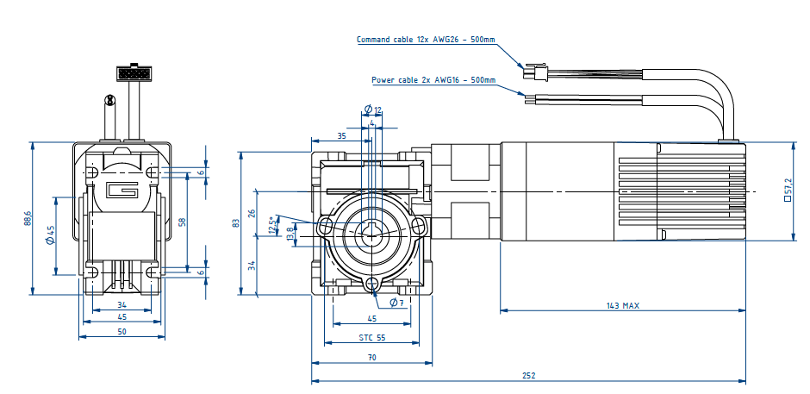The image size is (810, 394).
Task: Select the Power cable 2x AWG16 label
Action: [433, 80]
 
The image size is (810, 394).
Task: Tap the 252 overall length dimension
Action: [529, 376]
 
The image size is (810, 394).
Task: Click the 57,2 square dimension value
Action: [788, 190]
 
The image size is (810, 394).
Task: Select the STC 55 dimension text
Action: [372, 338]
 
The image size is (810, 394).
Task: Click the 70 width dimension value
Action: [371, 357]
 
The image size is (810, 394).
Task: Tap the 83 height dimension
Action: [235, 222]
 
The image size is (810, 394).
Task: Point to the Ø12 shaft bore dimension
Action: [373, 109]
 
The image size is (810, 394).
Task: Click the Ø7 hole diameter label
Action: [396, 303]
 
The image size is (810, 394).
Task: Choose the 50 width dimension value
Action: [121, 331]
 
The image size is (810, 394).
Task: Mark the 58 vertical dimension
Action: [182, 222]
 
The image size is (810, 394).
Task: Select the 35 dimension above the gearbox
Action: [341, 136]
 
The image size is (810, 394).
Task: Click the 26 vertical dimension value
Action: [252, 213]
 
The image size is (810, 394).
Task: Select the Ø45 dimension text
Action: [50, 235]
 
